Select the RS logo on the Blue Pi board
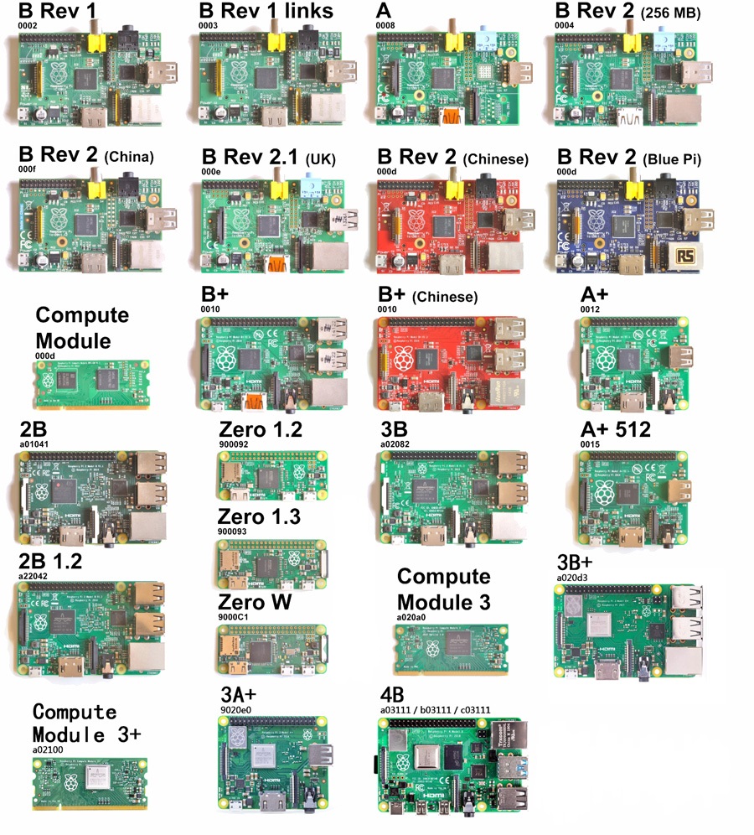click(x=688, y=257)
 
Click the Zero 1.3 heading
click(x=260, y=517)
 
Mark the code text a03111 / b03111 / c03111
click(x=434, y=710)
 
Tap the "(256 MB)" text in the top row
click(x=670, y=13)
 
